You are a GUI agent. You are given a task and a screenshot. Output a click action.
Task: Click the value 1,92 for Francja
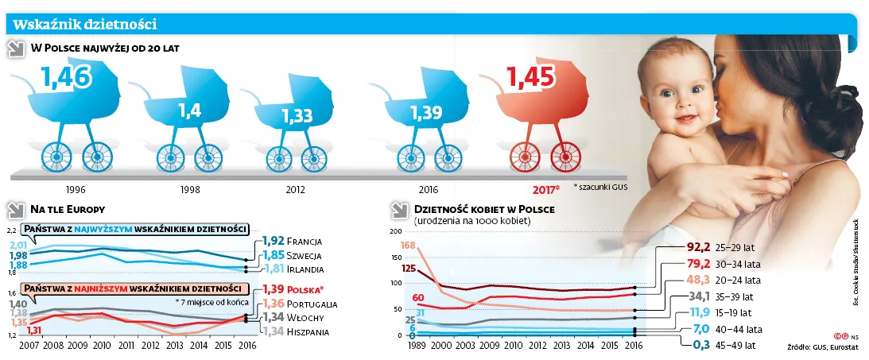point(272,240)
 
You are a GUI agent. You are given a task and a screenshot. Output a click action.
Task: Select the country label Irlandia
point(305,269)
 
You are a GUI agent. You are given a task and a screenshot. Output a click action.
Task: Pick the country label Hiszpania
point(308,331)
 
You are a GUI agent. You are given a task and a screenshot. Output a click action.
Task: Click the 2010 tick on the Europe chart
point(102,346)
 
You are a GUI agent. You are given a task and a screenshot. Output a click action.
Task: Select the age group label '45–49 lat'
point(738,346)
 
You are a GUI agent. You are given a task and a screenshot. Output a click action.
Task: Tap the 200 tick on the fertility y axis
point(395,231)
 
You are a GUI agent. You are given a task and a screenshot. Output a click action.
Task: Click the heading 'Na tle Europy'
point(68,210)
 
